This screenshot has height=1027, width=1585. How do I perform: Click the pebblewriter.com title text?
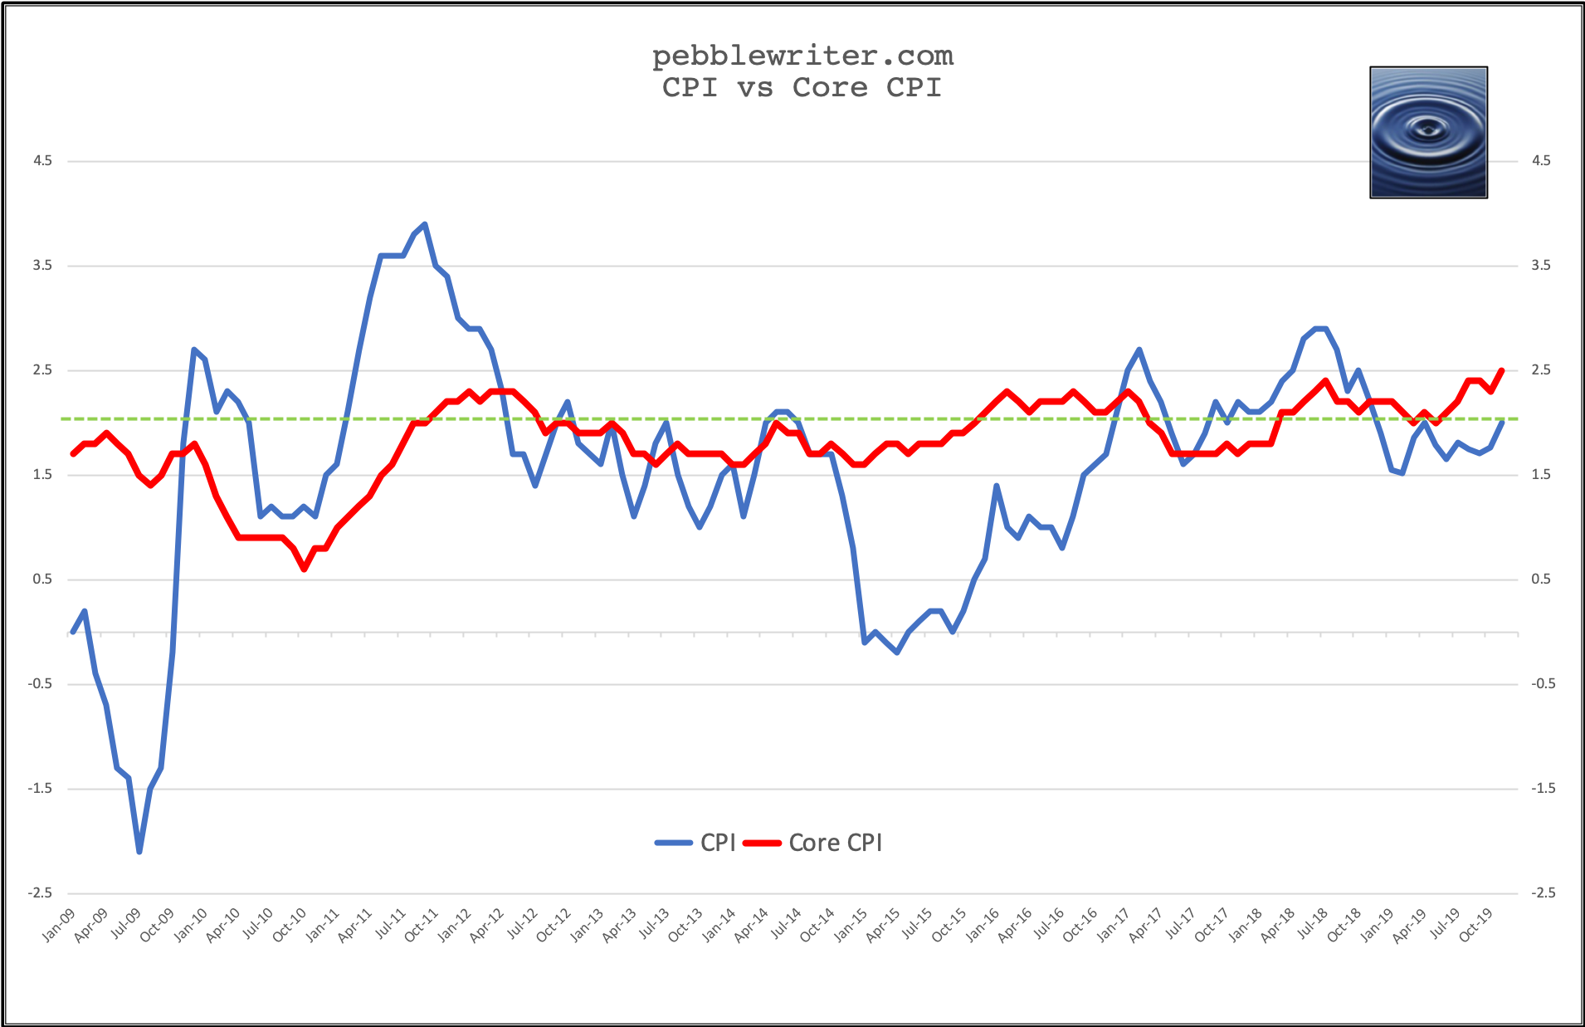click(x=802, y=56)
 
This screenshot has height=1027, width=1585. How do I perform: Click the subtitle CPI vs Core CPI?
click(x=802, y=87)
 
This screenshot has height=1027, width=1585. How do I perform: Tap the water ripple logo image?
click(x=1428, y=133)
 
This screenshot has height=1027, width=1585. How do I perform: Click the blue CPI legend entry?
click(x=696, y=843)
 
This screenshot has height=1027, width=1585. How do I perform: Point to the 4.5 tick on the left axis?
click(x=42, y=161)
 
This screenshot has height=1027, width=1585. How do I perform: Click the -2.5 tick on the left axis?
click(x=40, y=893)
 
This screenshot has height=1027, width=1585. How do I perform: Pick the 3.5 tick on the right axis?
click(x=1541, y=266)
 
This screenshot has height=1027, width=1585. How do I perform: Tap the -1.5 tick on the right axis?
click(x=1544, y=789)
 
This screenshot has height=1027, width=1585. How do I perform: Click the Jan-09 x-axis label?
click(x=59, y=925)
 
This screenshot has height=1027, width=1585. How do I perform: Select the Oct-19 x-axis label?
click(x=1476, y=925)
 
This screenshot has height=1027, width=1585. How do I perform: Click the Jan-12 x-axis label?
click(x=455, y=925)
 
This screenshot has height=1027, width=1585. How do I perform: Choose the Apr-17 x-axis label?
click(x=1146, y=925)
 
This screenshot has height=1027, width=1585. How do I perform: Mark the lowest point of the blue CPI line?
click(x=139, y=852)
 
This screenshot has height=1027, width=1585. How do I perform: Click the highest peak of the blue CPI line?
click(x=425, y=224)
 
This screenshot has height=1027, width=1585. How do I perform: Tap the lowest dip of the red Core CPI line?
click(x=304, y=569)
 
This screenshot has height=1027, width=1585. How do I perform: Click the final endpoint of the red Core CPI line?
click(x=1502, y=370)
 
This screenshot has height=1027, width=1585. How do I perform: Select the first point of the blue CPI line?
click(x=73, y=632)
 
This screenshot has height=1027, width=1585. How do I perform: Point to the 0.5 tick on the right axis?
click(x=1541, y=580)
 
